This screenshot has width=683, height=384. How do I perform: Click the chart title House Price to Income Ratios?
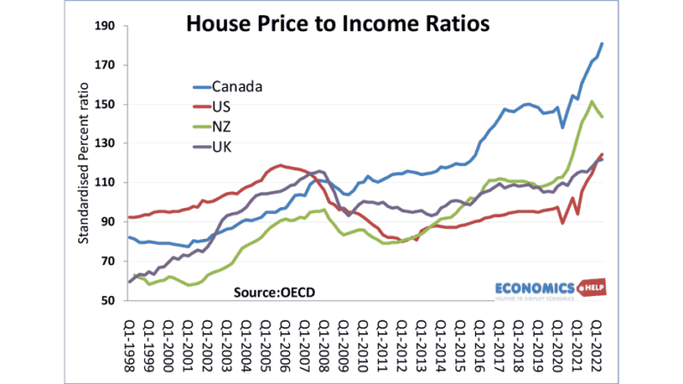[338, 24]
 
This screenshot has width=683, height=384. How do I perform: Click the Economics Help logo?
[543, 291]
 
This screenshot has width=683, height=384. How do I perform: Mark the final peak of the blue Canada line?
[602, 44]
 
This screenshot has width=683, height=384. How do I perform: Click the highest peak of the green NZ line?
[592, 101]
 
